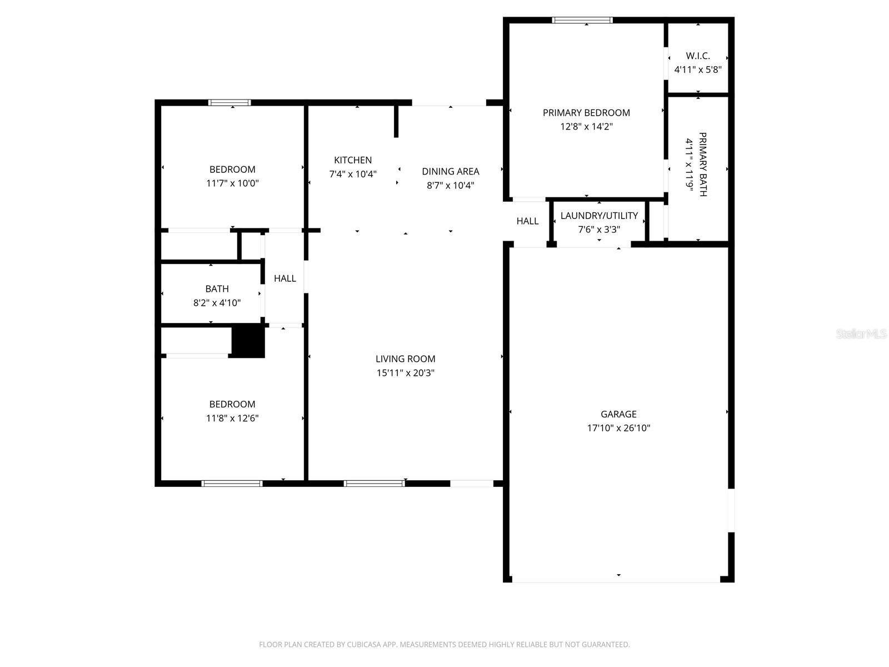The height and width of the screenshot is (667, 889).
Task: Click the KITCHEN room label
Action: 353,160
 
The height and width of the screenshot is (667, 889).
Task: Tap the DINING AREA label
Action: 450,171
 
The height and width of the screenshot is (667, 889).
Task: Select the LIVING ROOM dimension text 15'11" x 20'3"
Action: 405,373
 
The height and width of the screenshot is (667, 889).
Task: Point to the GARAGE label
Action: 618,414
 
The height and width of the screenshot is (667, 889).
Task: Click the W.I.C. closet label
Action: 698,56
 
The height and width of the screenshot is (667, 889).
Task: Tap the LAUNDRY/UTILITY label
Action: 599,216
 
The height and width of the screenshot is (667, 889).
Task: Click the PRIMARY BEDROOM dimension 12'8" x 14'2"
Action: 586,127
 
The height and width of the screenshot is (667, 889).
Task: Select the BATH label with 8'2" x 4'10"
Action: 217,289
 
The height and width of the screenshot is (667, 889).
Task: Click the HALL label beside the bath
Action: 285,278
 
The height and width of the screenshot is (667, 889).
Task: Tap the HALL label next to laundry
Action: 527,221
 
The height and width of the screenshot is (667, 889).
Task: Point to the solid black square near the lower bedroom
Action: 248,342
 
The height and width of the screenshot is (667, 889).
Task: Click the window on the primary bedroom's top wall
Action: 582,21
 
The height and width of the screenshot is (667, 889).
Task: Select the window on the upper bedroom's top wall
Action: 229,102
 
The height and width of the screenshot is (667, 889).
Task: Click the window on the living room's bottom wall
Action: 374,484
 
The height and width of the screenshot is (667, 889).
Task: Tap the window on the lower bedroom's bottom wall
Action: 232,484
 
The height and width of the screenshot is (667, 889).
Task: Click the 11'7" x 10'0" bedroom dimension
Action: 232,183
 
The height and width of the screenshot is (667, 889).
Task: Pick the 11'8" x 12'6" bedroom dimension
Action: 232,418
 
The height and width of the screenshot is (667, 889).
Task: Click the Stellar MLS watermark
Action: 862,334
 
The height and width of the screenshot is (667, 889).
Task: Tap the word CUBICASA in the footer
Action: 366,645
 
